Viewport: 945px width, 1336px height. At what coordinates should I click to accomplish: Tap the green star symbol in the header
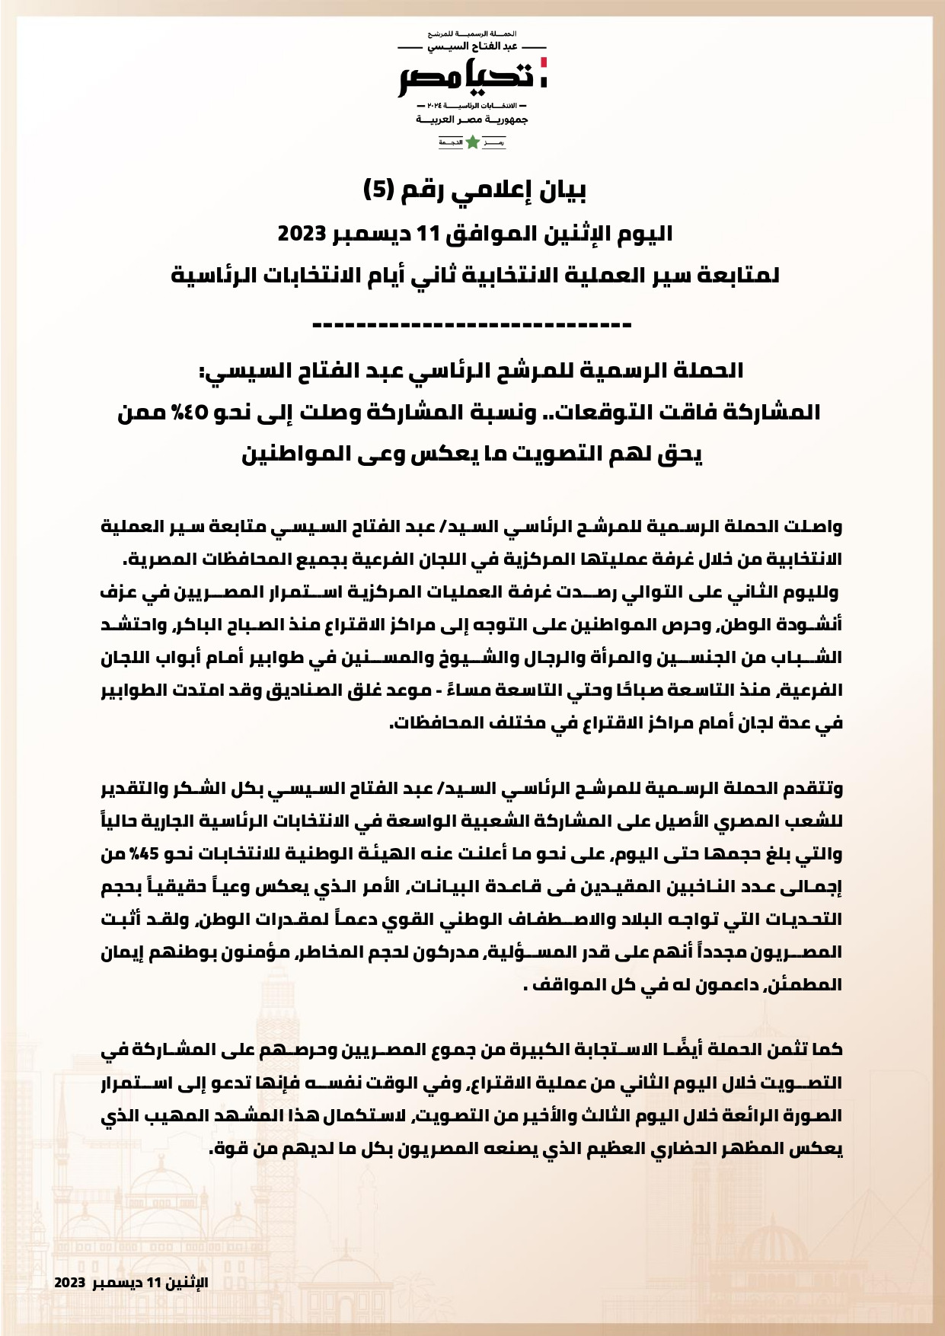click(473, 142)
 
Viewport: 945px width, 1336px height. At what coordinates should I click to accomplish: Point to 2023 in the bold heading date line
click(302, 233)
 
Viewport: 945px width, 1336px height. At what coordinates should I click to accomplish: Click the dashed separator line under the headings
click(472, 326)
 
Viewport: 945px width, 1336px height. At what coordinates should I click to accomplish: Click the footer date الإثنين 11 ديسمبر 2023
click(131, 1283)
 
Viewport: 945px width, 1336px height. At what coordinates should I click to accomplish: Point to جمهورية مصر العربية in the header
click(472, 120)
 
